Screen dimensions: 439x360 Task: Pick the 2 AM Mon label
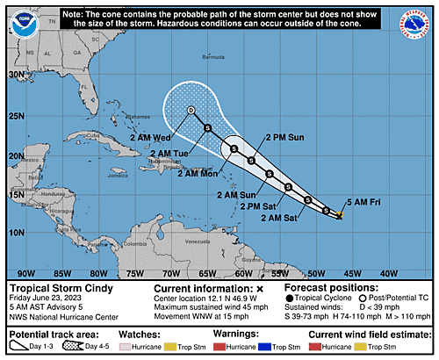point(198,173)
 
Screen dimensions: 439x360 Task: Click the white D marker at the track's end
point(191,110)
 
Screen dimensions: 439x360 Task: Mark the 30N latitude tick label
point(16,76)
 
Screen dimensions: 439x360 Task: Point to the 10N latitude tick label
point(16,232)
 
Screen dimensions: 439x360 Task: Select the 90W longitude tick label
point(26,273)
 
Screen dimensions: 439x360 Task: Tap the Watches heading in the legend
point(162,334)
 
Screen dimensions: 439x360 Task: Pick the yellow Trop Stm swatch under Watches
point(183,348)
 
